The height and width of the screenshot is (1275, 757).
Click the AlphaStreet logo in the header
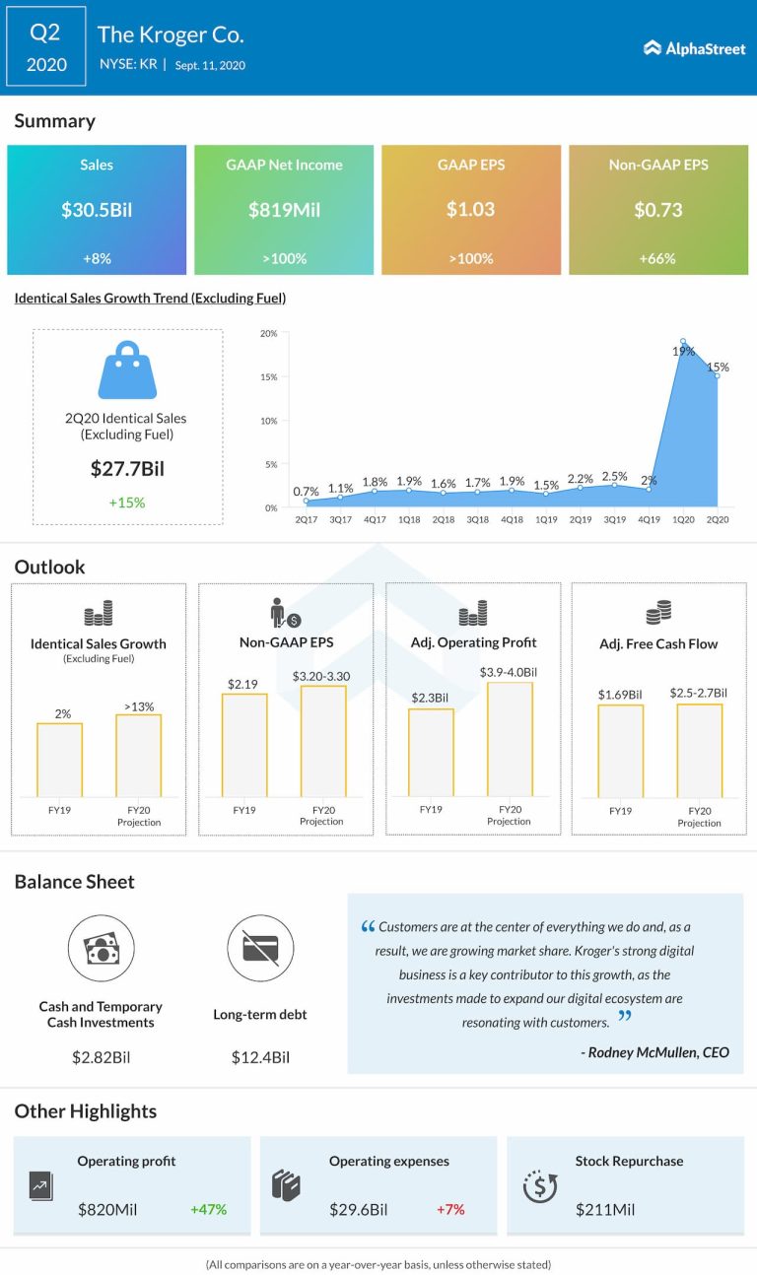point(694,48)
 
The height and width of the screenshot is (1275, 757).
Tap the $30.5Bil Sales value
point(97,210)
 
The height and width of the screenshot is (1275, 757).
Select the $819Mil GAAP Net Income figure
point(284,210)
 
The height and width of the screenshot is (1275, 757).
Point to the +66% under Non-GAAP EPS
point(657,258)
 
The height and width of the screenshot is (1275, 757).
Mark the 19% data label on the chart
point(684,351)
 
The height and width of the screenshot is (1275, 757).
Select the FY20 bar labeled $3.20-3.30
point(323,740)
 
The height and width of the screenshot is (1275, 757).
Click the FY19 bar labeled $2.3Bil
point(431,751)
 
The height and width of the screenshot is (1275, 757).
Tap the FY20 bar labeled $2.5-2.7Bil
point(699,749)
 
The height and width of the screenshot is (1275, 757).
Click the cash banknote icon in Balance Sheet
point(101,948)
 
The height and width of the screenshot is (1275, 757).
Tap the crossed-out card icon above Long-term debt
point(260,948)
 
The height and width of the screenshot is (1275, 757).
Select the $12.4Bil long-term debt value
point(260,1057)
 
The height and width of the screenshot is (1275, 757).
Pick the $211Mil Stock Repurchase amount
point(605,1208)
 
